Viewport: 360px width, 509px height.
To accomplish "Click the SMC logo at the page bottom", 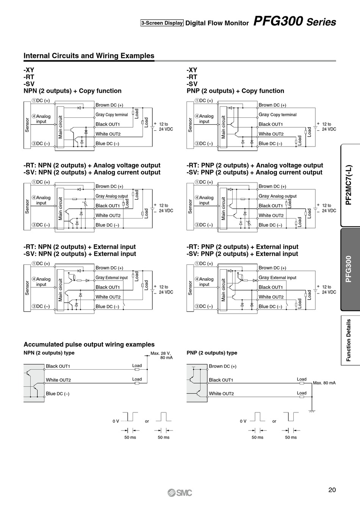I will pyautogui.click(x=180, y=493).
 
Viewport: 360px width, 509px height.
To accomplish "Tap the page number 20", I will pyautogui.click(x=332, y=490).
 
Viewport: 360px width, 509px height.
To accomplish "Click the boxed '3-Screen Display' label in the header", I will pyautogui.click(x=162, y=23).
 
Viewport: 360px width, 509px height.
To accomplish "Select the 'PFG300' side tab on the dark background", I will pyautogui.click(x=349, y=269).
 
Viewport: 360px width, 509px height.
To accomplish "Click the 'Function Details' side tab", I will pyautogui.click(x=349, y=340).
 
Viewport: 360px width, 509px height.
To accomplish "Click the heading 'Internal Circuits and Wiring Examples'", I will pyautogui.click(x=89, y=56).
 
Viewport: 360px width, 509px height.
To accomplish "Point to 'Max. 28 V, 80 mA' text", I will pyautogui.click(x=161, y=355).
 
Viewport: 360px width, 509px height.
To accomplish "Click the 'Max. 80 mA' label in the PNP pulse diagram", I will pyautogui.click(x=324, y=383).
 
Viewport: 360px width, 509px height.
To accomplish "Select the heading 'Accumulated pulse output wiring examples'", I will pyautogui.click(x=89, y=345).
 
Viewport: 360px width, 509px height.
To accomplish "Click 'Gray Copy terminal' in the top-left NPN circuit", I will pyautogui.click(x=112, y=115).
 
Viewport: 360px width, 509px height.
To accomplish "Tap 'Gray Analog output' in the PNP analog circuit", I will pyautogui.click(x=277, y=196).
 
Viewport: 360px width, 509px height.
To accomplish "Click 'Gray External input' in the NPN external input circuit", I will pyautogui.click(x=112, y=278).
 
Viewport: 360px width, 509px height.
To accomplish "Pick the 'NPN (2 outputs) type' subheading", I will pyautogui.click(x=49, y=353).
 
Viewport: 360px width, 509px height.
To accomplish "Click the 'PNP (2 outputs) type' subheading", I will pyautogui.click(x=212, y=353).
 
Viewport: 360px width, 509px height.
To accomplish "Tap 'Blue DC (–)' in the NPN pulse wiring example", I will pyautogui.click(x=58, y=394).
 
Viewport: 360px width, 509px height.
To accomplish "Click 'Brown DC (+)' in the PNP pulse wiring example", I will pyautogui.click(x=222, y=366).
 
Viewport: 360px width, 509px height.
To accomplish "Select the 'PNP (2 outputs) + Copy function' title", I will pyautogui.click(x=235, y=91).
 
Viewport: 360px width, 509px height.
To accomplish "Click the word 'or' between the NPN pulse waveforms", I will pyautogui.click(x=147, y=421).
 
